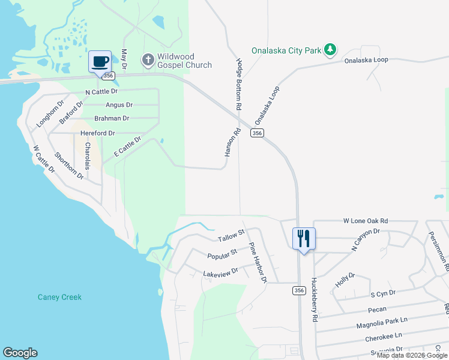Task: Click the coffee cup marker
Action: point(100,61)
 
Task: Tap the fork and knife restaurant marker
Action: point(304,238)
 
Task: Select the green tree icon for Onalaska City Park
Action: point(330,50)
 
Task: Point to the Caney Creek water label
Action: point(59,297)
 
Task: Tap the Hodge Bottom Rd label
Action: point(239,84)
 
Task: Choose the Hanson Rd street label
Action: point(229,143)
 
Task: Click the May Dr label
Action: point(124,59)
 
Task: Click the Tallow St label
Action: point(231,236)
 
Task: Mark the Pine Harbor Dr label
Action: point(258,263)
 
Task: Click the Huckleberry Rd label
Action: point(313,299)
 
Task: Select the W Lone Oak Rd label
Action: point(366,221)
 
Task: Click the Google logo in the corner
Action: point(20,353)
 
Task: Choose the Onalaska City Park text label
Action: point(287,51)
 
